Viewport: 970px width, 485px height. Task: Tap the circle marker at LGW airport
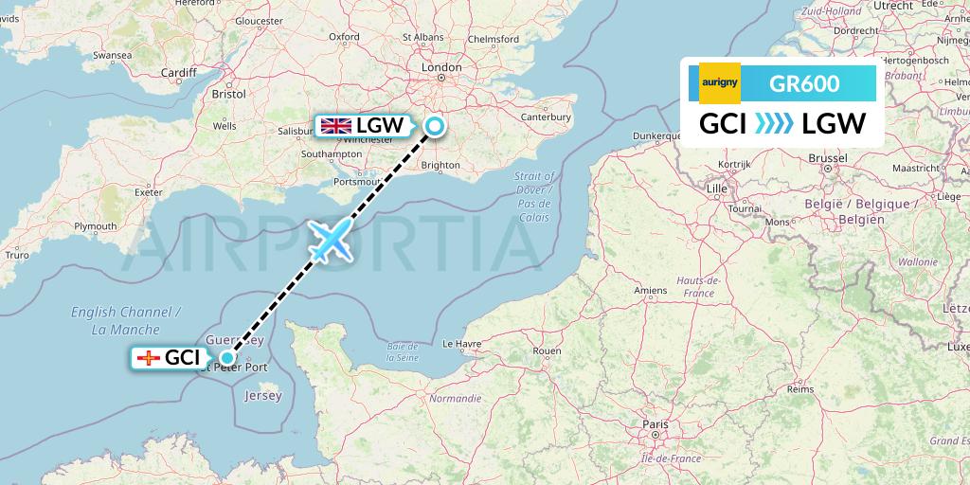tap(434, 125)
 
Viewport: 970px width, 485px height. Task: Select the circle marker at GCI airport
tap(225, 357)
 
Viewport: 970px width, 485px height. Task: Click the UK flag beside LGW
tap(335, 125)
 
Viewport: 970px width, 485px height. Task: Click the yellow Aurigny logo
tap(720, 83)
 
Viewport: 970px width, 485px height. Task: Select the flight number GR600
tap(804, 83)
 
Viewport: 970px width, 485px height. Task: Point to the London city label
tap(442, 68)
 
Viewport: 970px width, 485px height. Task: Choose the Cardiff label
tap(178, 72)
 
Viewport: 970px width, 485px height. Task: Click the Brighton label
tap(440, 164)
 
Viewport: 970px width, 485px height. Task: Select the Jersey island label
tap(262, 396)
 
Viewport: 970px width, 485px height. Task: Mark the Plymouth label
tap(96, 226)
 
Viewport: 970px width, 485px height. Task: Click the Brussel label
tap(827, 157)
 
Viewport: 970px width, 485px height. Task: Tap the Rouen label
tap(548, 350)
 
